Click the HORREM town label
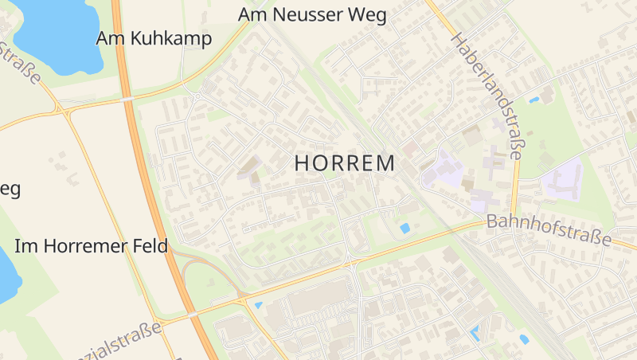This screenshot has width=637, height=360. coord(345,163)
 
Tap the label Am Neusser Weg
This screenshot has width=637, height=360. coord(312,14)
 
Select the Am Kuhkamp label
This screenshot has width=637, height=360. coord(154,38)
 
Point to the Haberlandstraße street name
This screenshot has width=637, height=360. coord(487,96)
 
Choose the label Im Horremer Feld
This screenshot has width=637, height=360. coord(92,246)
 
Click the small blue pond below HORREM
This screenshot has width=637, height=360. coord(405,229)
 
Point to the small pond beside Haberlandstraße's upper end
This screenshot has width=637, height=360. coord(533,100)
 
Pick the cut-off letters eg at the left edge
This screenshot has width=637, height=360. coord(9,190)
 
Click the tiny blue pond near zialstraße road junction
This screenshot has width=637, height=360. coord(257,305)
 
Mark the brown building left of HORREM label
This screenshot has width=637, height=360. coord(248,166)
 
